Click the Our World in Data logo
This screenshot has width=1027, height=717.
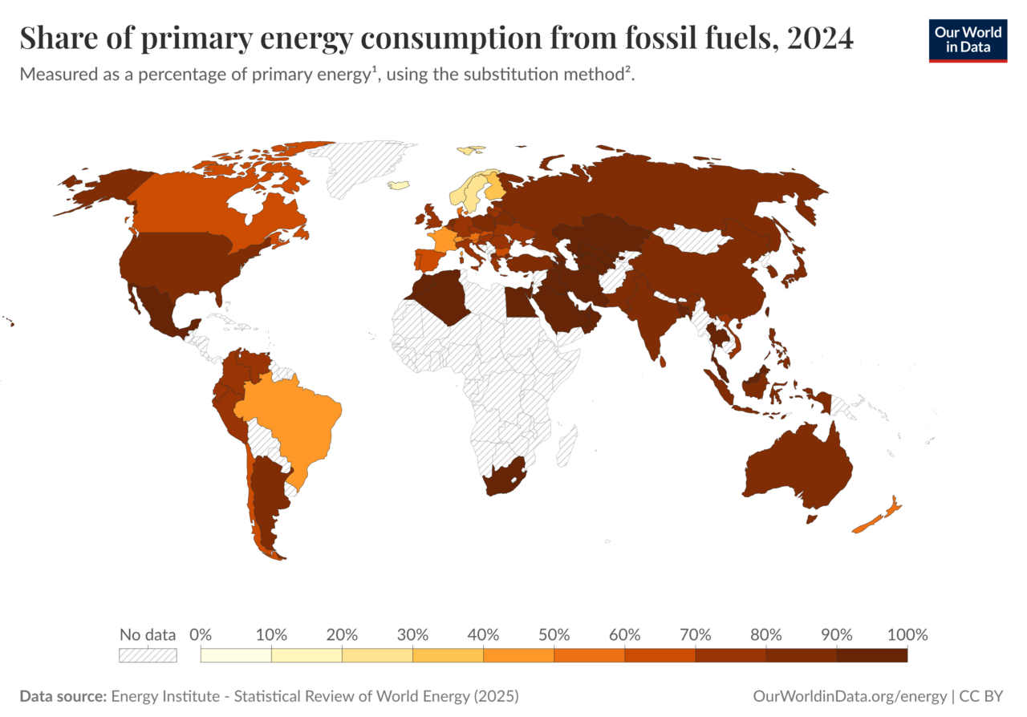[968, 39]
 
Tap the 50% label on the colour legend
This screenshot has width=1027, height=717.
[554, 634]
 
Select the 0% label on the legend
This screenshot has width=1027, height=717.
[201, 634]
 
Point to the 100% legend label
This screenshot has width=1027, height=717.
[907, 634]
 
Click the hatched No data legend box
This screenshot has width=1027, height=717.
[148, 654]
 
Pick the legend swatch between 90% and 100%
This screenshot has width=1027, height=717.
[871, 654]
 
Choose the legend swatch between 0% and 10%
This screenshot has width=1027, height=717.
[236, 654]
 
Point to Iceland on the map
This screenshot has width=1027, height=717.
[399, 185]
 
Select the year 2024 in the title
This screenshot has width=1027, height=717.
[820, 38]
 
